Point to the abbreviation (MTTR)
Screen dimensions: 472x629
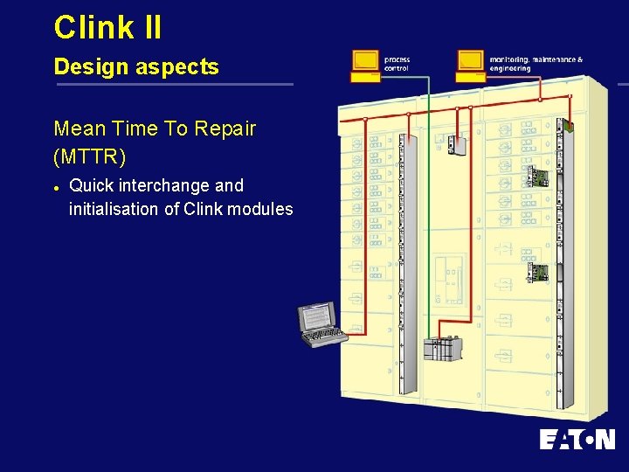pos(90,157)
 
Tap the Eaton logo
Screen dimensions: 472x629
pos(577,439)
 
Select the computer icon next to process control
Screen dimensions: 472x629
pos(365,65)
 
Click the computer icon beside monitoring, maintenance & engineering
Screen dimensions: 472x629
pos(470,65)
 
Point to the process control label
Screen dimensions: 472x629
pos(397,64)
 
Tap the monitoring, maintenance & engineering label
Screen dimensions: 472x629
pos(536,64)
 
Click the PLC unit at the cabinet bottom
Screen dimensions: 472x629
pos(441,347)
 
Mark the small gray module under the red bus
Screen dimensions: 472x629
pos(456,143)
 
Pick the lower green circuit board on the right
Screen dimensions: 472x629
pos(536,272)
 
